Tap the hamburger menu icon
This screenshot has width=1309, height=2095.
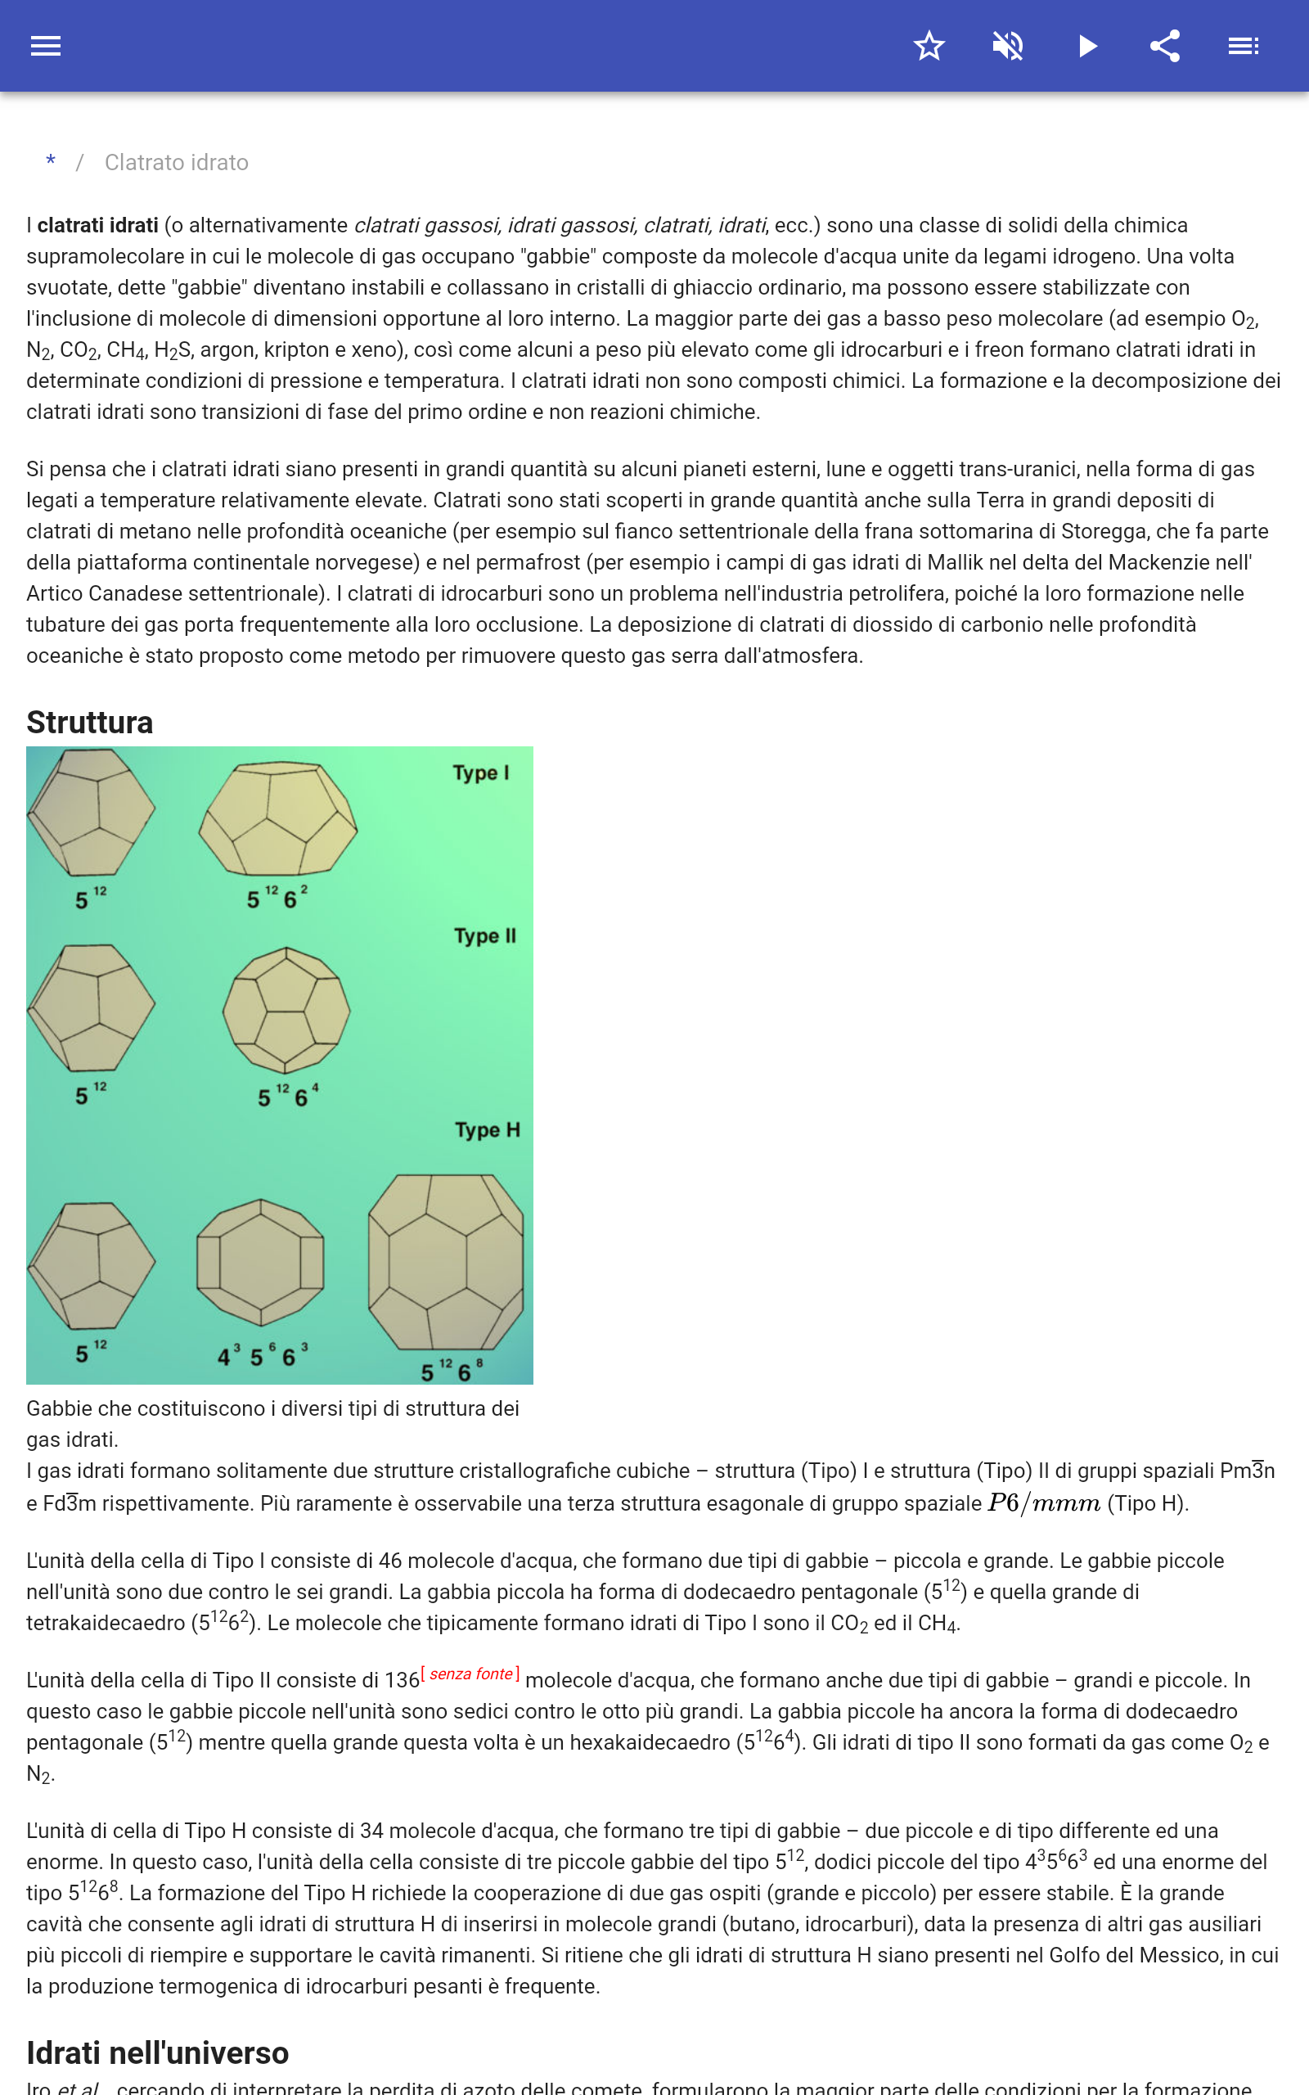(x=45, y=46)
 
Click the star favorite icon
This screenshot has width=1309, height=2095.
(x=929, y=46)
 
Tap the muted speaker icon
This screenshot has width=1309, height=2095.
(x=1008, y=46)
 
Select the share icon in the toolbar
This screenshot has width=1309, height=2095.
(x=1165, y=46)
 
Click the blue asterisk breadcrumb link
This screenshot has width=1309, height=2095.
(x=51, y=162)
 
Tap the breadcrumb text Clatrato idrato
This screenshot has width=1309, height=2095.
(x=177, y=163)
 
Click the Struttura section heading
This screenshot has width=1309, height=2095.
(x=90, y=722)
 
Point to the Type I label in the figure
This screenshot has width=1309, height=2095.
(x=480, y=773)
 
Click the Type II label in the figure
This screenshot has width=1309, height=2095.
(x=485, y=936)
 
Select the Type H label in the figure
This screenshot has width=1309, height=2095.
(x=488, y=1129)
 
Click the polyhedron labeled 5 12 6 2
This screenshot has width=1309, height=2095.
(x=278, y=819)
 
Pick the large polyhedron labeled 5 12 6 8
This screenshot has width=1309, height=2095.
(x=446, y=1261)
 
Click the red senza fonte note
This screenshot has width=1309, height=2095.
(x=470, y=1674)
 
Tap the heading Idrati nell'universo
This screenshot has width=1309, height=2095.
(x=158, y=2052)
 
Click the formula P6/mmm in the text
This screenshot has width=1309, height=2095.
(x=1043, y=1503)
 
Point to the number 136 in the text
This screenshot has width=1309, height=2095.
(x=402, y=1680)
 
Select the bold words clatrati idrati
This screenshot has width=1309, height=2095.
(x=98, y=225)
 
